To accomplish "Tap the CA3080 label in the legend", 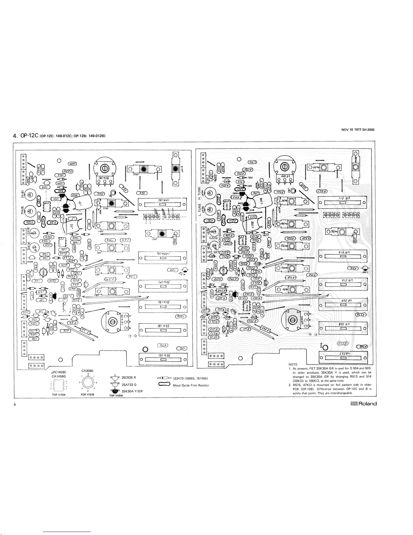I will (x=88, y=371).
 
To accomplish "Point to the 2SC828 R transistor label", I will (x=128, y=377).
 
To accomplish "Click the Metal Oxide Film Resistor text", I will (x=191, y=385).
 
